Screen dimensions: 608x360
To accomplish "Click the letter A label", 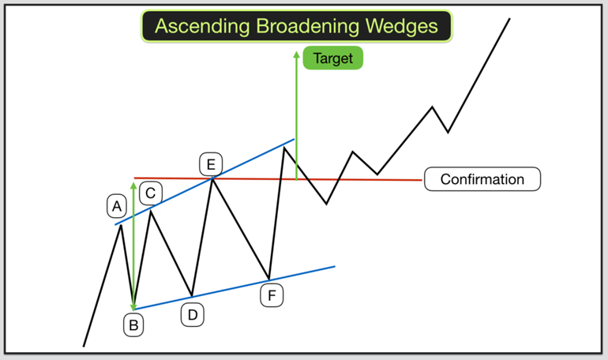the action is coord(117,206).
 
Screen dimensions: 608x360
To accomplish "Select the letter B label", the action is coord(133,324).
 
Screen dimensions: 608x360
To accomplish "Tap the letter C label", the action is coord(151,193).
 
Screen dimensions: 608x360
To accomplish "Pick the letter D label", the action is coord(193,315).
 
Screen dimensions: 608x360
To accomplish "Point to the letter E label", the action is coord(211,164).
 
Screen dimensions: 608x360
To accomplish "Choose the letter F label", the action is coord(272,295).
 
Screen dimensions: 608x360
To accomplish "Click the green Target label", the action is coord(332,58).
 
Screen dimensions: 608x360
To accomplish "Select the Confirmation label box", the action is coord(482,179).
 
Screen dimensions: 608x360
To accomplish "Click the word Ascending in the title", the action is coord(201,26).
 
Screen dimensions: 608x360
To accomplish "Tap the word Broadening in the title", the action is coord(308,25).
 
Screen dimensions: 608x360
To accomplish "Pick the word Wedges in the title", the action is coord(402,25).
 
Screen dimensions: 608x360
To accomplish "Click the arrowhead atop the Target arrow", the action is coord(297,54).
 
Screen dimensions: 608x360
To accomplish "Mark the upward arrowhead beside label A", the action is coord(133,186).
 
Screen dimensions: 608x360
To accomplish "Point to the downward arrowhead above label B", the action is coord(133,307).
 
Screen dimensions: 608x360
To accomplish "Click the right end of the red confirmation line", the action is coord(422,180).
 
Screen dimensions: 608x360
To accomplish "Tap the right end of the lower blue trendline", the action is coord(335,266).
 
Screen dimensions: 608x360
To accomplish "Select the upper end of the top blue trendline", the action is coord(295,139).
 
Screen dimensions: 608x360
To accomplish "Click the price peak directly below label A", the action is coord(122,225).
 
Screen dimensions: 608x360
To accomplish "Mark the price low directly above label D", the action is coord(192,296).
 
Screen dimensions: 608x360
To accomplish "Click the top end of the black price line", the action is coord(509,18).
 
